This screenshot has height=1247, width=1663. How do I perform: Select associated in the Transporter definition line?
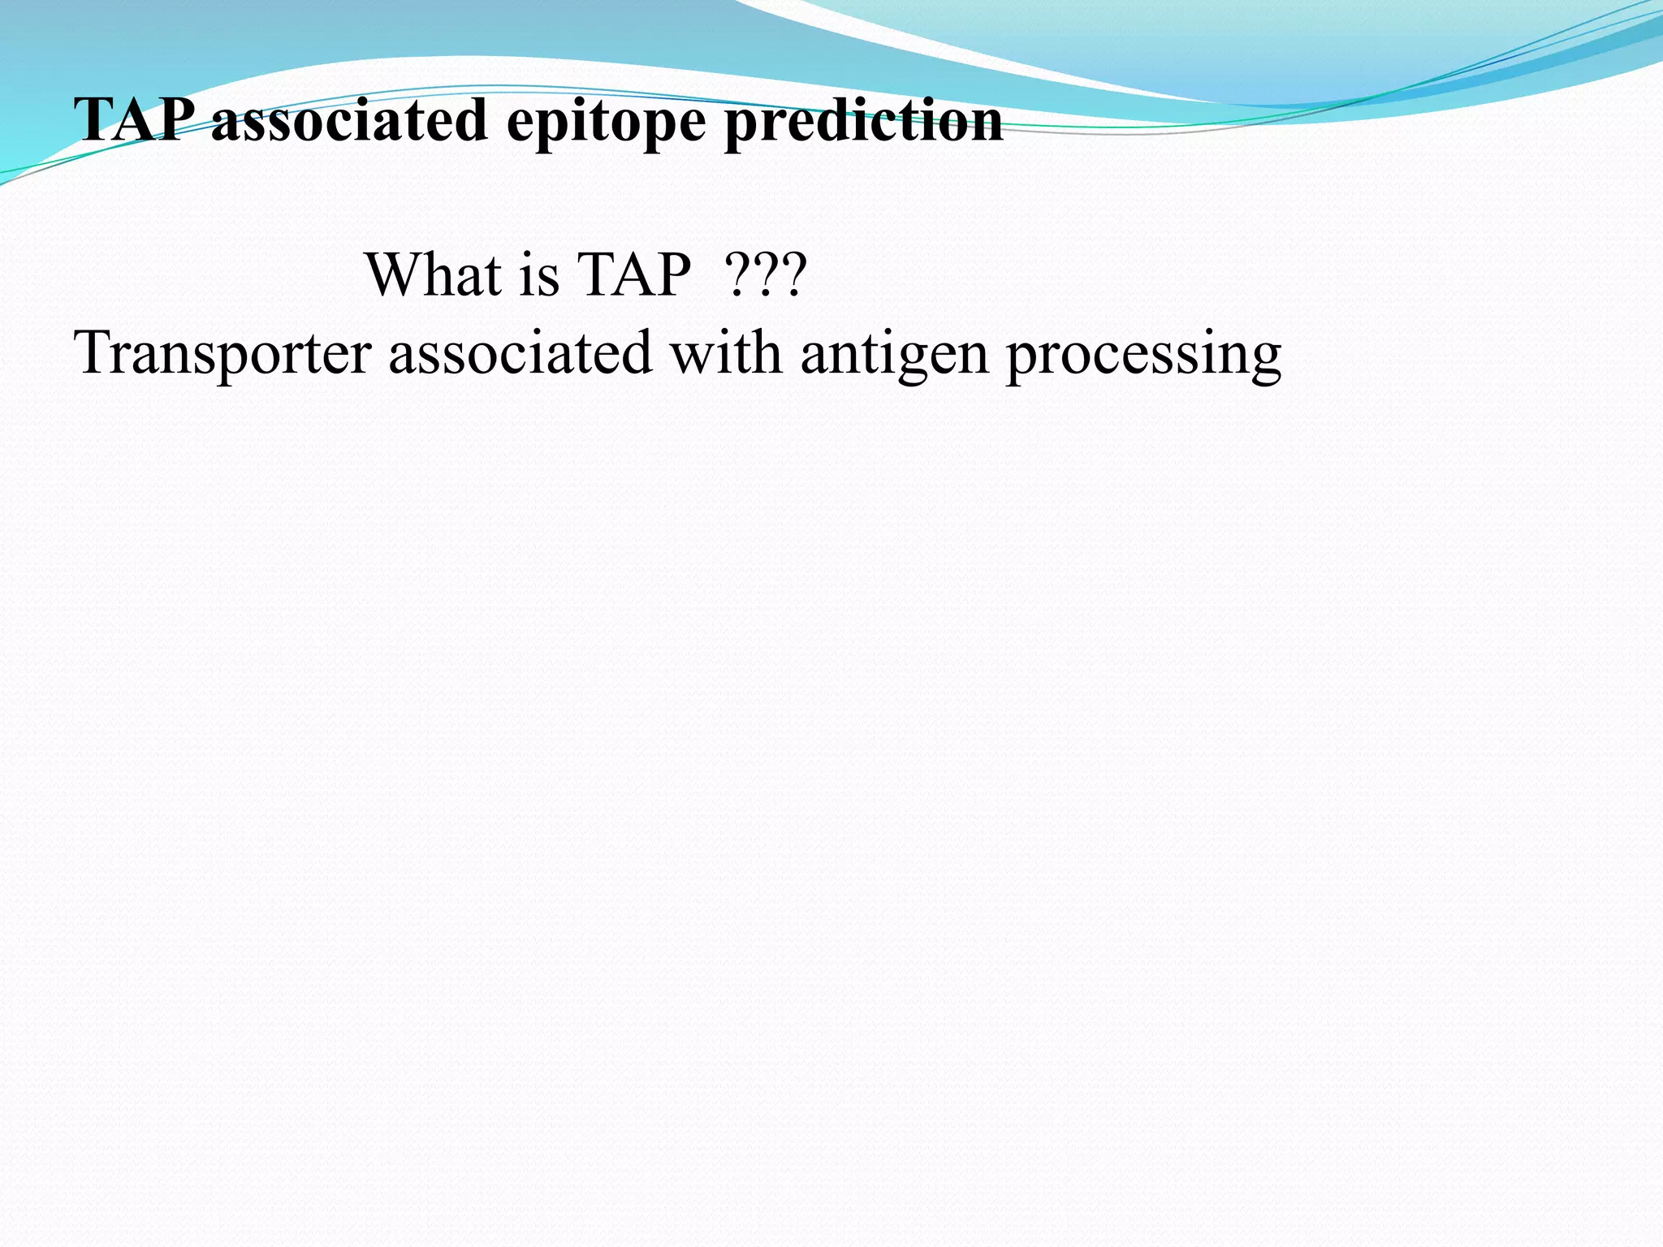click(x=520, y=352)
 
